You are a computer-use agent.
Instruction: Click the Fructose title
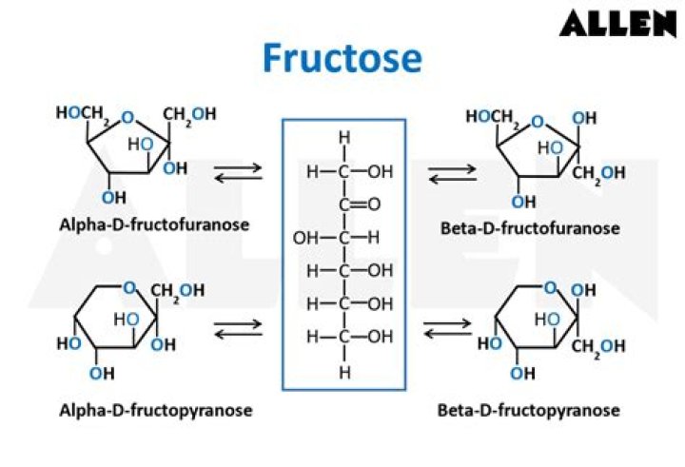point(342,58)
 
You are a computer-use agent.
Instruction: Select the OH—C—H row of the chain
point(336,237)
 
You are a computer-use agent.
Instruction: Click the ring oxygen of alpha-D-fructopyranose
point(130,288)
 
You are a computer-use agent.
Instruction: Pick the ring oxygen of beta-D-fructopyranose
point(549,287)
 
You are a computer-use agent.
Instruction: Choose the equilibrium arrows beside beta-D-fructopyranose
point(447,329)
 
